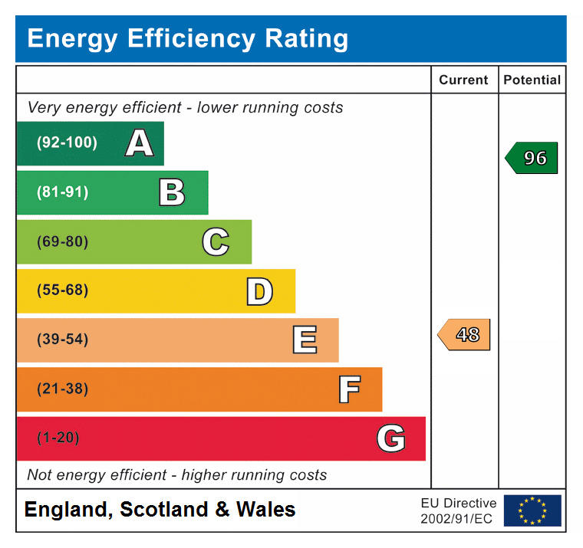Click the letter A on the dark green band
[x=139, y=143]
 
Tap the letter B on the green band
[x=172, y=192]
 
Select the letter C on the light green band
[x=216, y=242]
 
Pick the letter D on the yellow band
[x=259, y=291]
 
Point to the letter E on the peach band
[x=305, y=340]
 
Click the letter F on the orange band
[x=349, y=389]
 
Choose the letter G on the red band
[x=391, y=438]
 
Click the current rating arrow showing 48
[x=465, y=335]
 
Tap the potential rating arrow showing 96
[x=532, y=158]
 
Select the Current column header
[x=463, y=80]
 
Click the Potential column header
[x=532, y=80]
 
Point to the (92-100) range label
[x=67, y=143]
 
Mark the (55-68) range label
[x=62, y=290]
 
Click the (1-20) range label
[x=58, y=438]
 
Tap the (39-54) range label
[x=62, y=340]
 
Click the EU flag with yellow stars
[x=532, y=510]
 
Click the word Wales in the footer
[x=265, y=509]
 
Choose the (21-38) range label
[x=62, y=389]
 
